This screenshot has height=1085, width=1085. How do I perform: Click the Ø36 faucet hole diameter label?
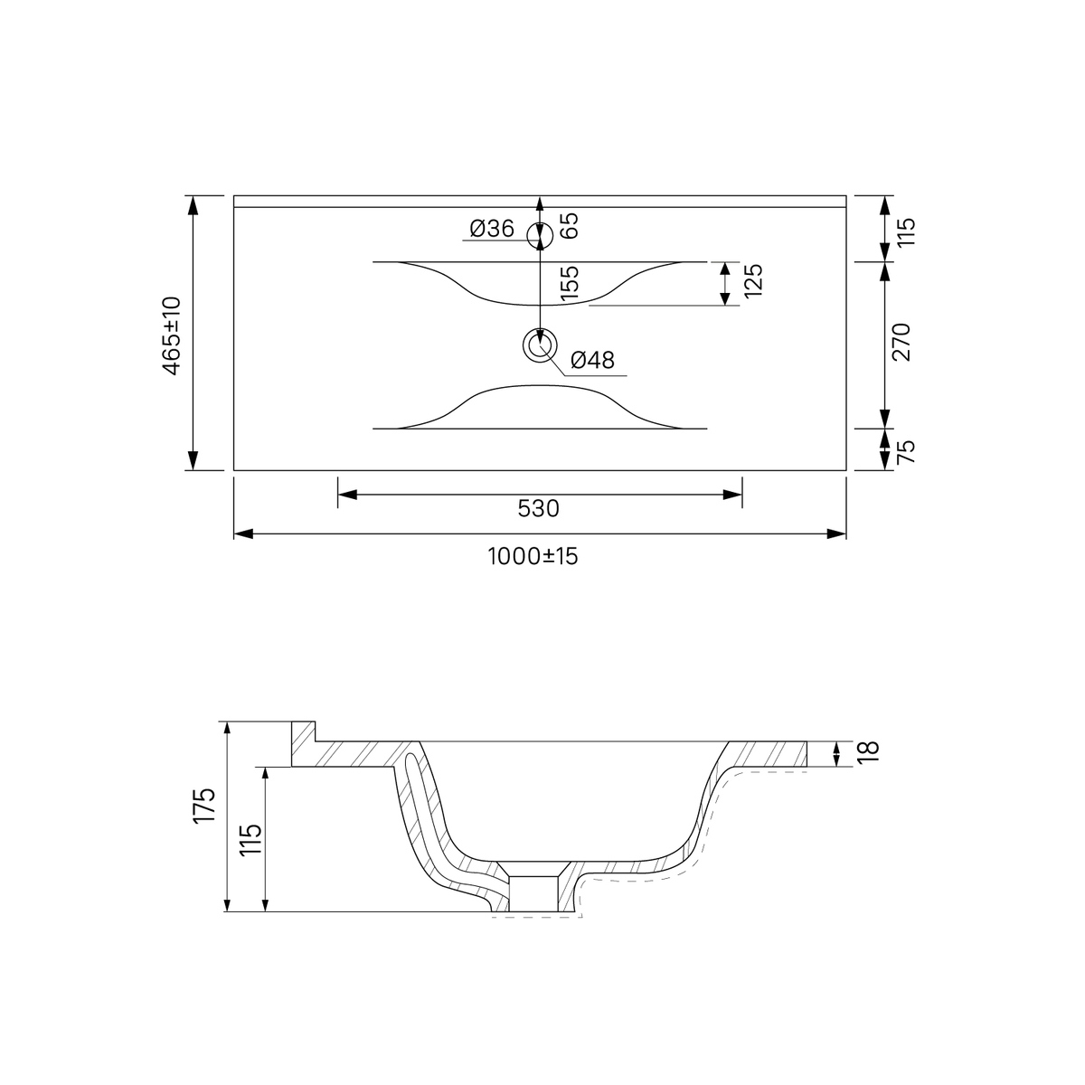coord(492,229)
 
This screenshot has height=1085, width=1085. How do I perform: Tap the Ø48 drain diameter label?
coord(592,360)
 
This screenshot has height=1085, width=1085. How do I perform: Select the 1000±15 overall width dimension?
coord(533,556)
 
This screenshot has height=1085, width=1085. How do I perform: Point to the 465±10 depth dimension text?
coord(173,335)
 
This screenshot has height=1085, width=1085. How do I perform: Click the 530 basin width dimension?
coord(539,508)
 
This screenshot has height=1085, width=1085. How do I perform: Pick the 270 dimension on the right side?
coord(901,342)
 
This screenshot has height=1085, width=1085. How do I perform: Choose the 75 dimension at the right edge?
coord(906,451)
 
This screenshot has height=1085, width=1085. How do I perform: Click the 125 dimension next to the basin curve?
coord(753,280)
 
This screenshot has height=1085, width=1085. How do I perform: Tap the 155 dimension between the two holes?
coord(570,283)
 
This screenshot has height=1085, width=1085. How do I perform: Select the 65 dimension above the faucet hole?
coord(570,226)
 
